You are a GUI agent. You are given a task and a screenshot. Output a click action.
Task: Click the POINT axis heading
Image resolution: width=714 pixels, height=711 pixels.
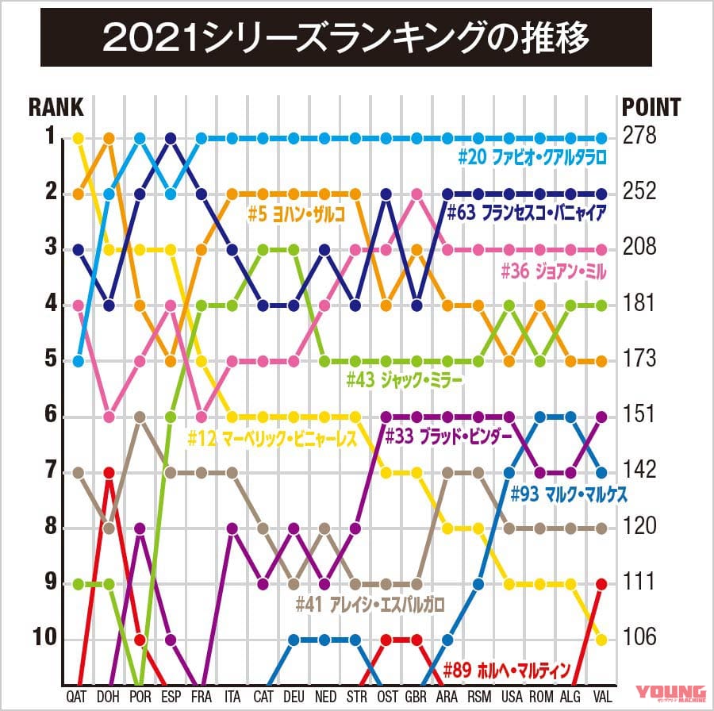[x=650, y=107]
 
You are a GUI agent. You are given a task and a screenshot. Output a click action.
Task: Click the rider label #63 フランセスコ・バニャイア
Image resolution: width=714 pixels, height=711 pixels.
[x=527, y=213]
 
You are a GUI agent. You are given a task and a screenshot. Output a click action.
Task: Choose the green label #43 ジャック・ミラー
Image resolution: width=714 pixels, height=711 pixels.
[x=404, y=379]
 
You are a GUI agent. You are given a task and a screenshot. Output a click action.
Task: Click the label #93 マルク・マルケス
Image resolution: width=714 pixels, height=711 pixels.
[x=569, y=494]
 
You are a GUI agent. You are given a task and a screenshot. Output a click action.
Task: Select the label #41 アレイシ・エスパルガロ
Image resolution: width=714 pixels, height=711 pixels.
[x=370, y=604]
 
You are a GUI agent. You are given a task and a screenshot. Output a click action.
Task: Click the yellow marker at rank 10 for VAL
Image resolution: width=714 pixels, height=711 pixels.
[x=601, y=640]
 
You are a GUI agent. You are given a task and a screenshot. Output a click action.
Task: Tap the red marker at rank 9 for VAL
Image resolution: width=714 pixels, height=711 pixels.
[x=601, y=584]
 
